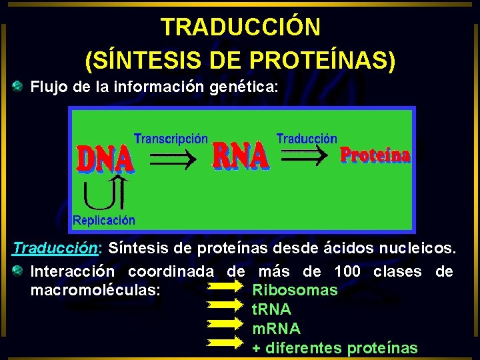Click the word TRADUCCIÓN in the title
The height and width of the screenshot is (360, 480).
coord(240,27)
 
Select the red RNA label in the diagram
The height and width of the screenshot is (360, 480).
coord(240,157)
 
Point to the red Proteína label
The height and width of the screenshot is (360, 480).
coord(375,155)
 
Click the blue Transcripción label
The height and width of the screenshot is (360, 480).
coord(171,139)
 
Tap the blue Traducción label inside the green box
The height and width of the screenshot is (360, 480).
coord(307,139)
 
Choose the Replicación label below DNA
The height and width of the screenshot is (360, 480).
coord(103,220)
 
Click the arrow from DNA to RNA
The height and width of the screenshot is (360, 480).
coord(172,159)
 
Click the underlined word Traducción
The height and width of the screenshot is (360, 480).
coord(55,249)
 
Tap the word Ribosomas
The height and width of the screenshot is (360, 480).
coord(295,291)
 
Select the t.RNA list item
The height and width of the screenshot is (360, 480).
coord(271,309)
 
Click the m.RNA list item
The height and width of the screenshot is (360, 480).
coord(276,329)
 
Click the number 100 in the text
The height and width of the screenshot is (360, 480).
coord(347,272)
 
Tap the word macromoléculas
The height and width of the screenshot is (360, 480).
coord(95,291)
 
